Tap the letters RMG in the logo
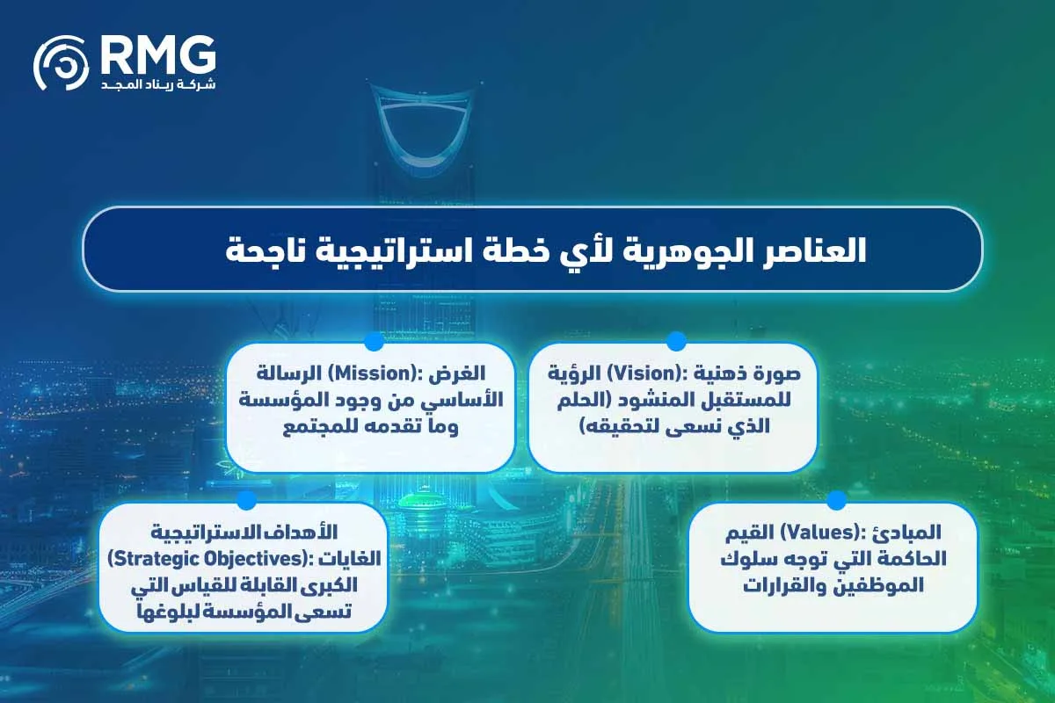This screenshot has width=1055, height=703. pos(157,55)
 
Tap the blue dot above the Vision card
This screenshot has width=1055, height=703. pos(675,341)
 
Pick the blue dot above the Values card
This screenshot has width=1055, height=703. pos(836,500)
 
